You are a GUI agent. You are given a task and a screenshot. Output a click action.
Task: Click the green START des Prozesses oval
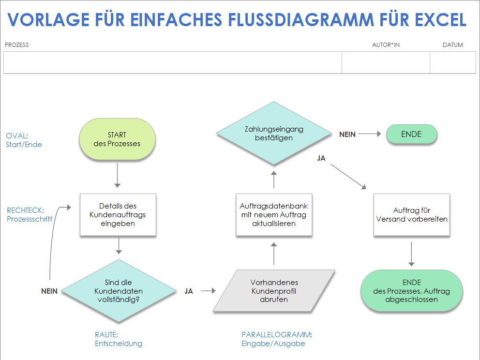pyautogui.click(x=117, y=139)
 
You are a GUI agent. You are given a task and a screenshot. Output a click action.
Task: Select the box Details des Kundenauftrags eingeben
pyautogui.click(x=118, y=214)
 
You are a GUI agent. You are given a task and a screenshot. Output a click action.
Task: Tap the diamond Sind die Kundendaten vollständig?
pyautogui.click(x=118, y=291)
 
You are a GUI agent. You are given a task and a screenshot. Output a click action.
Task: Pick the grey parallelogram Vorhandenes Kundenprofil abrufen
pyautogui.click(x=274, y=291)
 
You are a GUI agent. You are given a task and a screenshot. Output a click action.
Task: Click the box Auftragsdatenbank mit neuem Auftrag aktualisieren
pyautogui.click(x=274, y=214)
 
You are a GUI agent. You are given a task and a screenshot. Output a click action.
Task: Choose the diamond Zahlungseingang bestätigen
pyautogui.click(x=274, y=133)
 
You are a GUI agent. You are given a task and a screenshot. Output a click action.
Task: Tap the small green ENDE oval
pyautogui.click(x=411, y=135)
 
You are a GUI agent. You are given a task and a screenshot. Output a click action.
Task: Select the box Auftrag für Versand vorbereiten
pyautogui.click(x=412, y=215)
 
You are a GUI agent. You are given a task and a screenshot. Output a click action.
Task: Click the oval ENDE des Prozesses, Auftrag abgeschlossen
pyautogui.click(x=411, y=291)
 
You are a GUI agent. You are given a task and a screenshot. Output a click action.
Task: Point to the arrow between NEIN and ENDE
pyautogui.click(x=370, y=135)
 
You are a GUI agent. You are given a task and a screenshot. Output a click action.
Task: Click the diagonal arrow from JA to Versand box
pyautogui.click(x=348, y=177)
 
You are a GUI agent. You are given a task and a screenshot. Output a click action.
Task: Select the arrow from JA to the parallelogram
pyautogui.click(x=208, y=291)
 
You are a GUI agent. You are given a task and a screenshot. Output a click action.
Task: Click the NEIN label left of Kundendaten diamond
pyautogui.click(x=49, y=291)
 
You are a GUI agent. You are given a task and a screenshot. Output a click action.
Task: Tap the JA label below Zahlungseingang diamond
pyautogui.click(x=321, y=158)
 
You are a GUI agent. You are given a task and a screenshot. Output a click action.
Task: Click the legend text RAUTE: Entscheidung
pyautogui.click(x=119, y=339)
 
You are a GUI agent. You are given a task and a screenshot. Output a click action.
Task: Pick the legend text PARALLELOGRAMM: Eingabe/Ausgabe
pyautogui.click(x=276, y=339)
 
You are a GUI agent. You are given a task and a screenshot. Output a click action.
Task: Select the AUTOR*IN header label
pyautogui.click(x=386, y=45)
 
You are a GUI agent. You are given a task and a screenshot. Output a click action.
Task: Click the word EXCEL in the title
pyautogui.click(x=440, y=20)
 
